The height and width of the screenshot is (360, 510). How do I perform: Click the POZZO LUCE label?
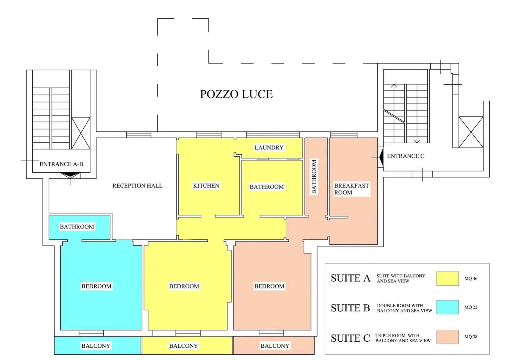(236, 94)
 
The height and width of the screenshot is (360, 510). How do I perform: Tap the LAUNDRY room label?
(269, 147)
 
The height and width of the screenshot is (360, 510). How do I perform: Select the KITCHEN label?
(206, 185)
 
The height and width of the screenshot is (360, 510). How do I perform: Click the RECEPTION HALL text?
(137, 185)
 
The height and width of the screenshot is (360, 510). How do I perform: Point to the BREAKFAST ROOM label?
(351, 189)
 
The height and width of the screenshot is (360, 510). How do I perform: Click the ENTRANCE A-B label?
(61, 164)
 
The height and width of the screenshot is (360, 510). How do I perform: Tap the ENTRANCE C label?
(406, 156)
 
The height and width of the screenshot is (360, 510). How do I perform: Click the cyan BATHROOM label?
(77, 227)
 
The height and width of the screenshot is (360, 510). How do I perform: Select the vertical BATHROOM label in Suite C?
(314, 177)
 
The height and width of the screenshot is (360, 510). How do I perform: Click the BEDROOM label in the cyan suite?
(96, 286)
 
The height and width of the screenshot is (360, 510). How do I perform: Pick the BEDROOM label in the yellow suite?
(184, 286)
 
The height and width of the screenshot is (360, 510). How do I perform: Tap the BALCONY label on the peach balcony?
(275, 346)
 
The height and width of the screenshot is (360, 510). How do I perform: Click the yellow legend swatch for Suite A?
(447, 278)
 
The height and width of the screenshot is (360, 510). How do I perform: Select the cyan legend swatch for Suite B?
(447, 307)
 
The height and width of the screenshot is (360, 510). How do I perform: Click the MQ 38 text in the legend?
(471, 337)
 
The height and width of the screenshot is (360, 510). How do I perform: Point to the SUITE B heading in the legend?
(350, 308)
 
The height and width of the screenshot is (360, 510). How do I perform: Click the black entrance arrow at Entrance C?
(381, 157)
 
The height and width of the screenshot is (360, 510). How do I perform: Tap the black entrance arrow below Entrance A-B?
(70, 175)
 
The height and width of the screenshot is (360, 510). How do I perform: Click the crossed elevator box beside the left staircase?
(81, 133)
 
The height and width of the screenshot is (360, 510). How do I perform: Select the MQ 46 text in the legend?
(471, 278)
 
